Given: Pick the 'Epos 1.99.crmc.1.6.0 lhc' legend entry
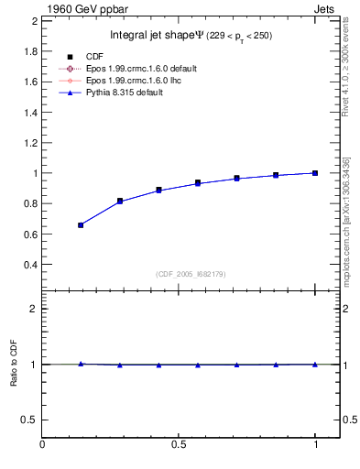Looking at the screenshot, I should click(x=145, y=81).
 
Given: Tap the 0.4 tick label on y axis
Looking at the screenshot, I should click(x=29, y=265).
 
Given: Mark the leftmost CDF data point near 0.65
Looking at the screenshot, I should click(x=81, y=224).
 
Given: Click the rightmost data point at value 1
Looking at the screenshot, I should click(x=315, y=173).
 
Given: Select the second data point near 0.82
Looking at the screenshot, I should click(x=120, y=201).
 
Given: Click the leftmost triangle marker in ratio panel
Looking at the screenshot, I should click(x=81, y=364).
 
